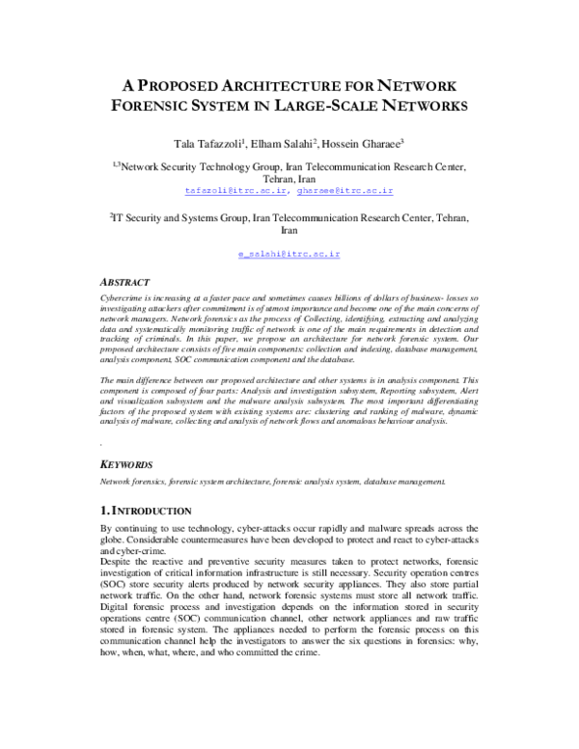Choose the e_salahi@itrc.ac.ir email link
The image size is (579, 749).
289,253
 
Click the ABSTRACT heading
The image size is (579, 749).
125,283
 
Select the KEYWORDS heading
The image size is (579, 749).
128,463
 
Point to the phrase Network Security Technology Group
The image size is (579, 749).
190,166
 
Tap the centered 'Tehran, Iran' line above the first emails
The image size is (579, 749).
289,179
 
